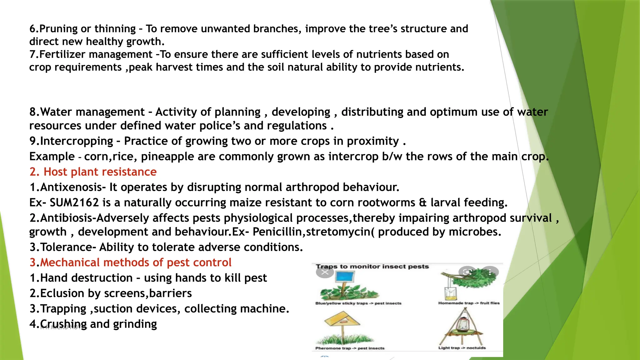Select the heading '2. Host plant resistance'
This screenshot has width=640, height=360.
tap(93, 172)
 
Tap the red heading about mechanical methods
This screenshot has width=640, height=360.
tap(130, 262)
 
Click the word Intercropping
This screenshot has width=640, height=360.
tap(76, 141)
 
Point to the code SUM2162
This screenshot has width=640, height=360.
tap(74, 203)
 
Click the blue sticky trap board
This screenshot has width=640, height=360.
tap(345, 277)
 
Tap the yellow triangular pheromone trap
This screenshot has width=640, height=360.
tap(342, 320)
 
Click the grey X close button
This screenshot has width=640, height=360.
tap(325, 272)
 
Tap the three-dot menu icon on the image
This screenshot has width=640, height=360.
tap(490, 272)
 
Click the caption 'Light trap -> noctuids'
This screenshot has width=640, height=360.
tap(462, 348)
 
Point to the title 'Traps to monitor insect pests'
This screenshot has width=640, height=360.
tap(372, 267)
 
